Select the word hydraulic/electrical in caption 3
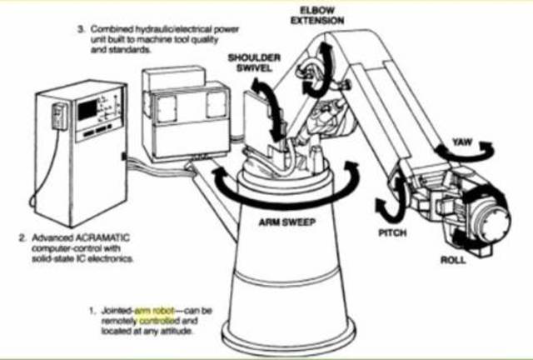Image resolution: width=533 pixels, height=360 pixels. [162, 29]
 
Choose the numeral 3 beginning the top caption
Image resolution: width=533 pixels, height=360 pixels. [81, 29]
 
